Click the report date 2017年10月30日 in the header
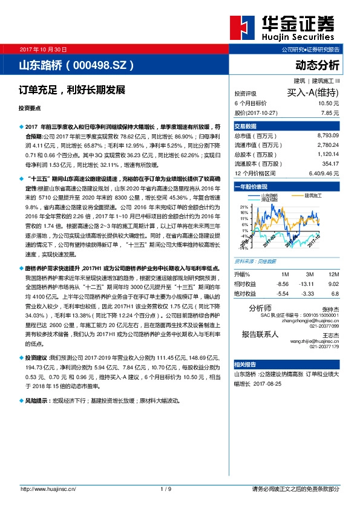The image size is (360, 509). click(44, 48)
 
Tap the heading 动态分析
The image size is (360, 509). click(317, 64)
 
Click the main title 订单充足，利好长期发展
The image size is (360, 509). click(71, 90)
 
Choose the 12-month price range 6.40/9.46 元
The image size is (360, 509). click(321, 172)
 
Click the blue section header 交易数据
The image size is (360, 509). click(245, 126)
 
